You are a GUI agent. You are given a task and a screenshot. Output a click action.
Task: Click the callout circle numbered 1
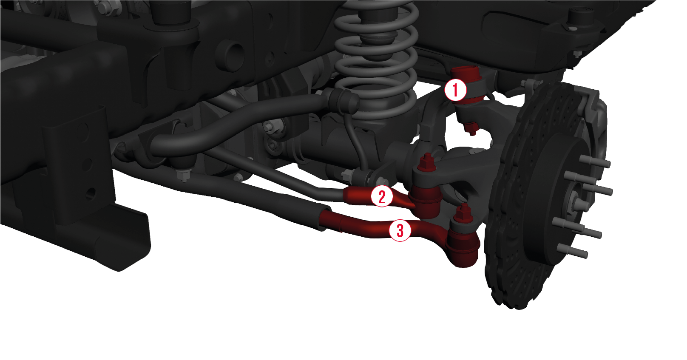455,90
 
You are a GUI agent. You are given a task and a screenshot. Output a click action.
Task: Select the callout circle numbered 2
382,196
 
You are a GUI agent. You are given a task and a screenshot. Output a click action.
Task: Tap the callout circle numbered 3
400,230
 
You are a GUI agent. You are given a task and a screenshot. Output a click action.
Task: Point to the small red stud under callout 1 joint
471,128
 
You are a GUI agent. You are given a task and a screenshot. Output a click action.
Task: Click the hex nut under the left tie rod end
184,175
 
